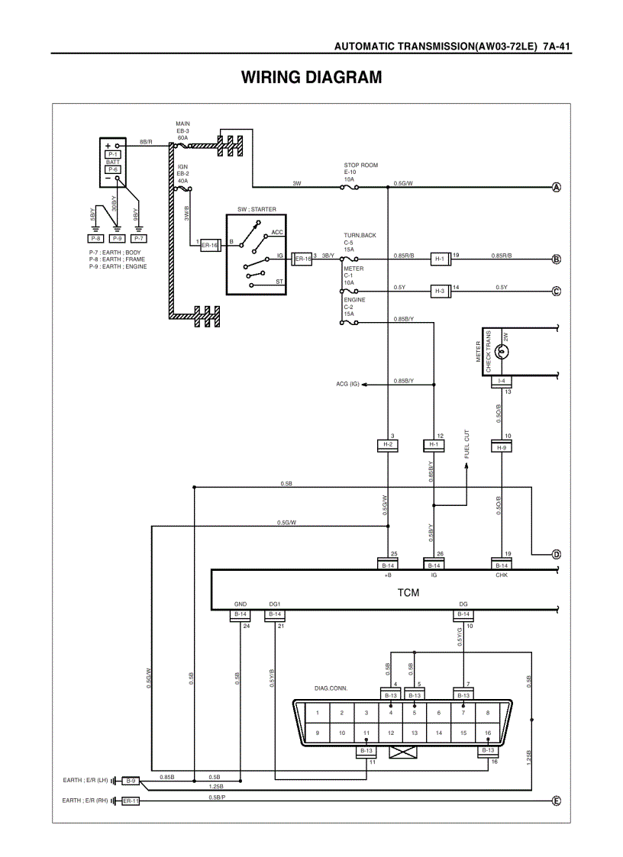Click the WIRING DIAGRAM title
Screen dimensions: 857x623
pos(311,78)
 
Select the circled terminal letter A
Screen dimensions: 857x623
pos(557,188)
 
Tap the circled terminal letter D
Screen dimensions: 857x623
pos(557,554)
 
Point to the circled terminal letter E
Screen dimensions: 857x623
pos(557,801)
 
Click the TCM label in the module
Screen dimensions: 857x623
pos(408,591)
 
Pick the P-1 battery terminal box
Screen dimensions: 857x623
pos(113,153)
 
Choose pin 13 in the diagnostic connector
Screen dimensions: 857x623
pos(415,733)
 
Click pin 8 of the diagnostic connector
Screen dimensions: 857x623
pos(487,713)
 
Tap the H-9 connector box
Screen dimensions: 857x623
pos(501,447)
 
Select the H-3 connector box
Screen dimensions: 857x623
pos(439,292)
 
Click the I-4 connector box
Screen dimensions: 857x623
pos(501,380)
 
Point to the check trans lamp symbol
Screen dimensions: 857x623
pos(502,352)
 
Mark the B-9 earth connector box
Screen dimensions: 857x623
pos(131,781)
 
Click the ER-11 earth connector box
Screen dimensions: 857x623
pos(131,801)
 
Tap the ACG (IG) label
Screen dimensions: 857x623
pos(347,384)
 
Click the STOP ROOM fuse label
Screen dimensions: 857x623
pos(360,165)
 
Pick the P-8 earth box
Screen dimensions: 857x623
pos(95,238)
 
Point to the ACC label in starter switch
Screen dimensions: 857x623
pos(277,231)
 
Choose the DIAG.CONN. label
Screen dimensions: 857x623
pos(331,688)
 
